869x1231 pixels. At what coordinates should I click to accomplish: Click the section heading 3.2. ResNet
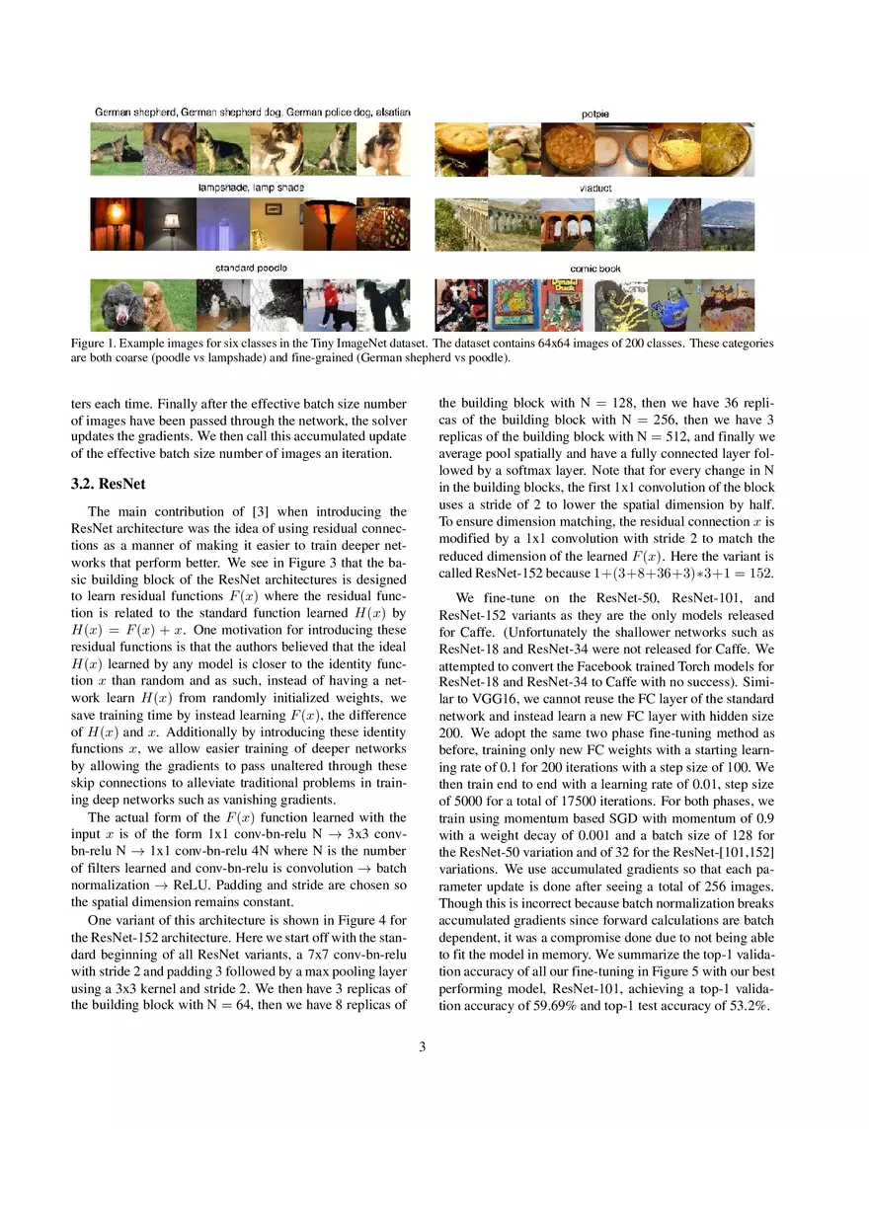pos(109,484)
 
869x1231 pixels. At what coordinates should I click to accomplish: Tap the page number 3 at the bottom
pos(423,1047)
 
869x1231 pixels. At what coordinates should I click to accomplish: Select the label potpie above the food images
pos(594,114)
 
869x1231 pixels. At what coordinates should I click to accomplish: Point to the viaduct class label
pos(594,188)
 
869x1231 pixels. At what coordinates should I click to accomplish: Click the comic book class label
pos(594,269)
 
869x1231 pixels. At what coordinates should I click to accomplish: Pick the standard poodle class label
pos(251,268)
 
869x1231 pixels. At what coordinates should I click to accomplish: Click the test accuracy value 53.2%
pos(748,1005)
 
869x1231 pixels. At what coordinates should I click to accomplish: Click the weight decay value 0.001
pos(570,836)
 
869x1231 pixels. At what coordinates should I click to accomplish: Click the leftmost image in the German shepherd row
pos(117,148)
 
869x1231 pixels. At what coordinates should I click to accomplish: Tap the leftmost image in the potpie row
pos(461,148)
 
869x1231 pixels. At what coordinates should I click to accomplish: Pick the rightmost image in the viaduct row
pos(728,225)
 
